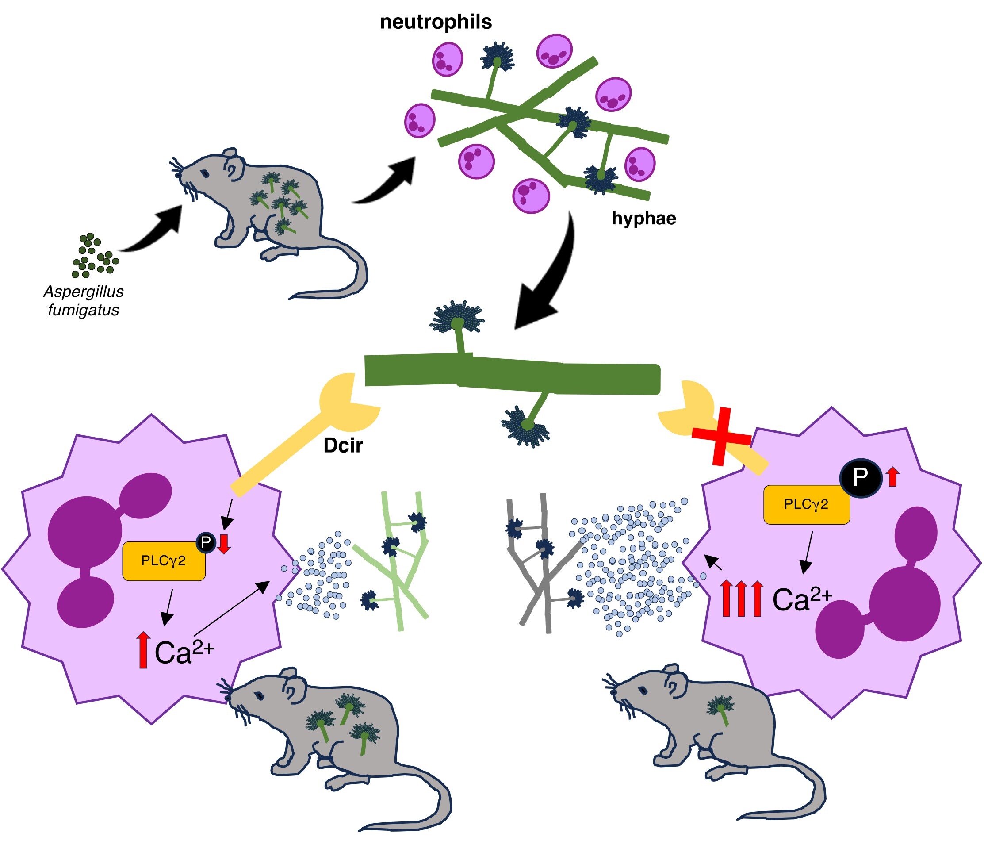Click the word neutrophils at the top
(x=436, y=22)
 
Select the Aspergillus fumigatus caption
(x=84, y=300)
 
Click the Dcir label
(x=343, y=445)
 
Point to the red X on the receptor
(x=721, y=436)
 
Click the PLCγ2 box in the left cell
(x=164, y=561)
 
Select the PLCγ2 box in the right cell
(x=806, y=504)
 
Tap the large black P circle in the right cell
(x=860, y=476)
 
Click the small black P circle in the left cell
(x=206, y=542)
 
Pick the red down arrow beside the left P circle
(x=223, y=544)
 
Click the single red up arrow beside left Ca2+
(x=142, y=650)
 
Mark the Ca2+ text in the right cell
(x=802, y=599)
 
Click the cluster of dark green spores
(x=95, y=256)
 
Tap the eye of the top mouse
(x=204, y=173)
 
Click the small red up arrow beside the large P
(x=893, y=477)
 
